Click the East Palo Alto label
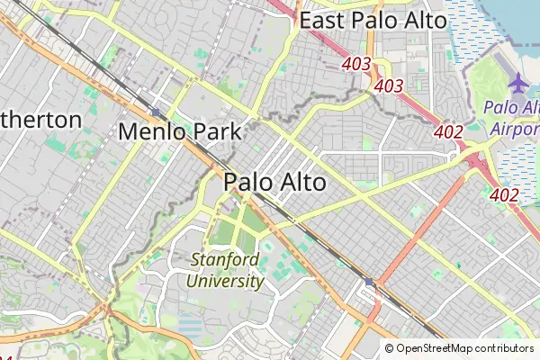[373, 21]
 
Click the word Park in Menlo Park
[216, 132]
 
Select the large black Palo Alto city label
[274, 181]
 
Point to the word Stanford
[225, 261]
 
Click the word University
[225, 281]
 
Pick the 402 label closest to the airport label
[448, 132]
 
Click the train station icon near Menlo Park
[156, 112]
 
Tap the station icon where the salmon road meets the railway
[369, 282]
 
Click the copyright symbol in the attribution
[389, 348]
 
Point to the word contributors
[505, 348]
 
